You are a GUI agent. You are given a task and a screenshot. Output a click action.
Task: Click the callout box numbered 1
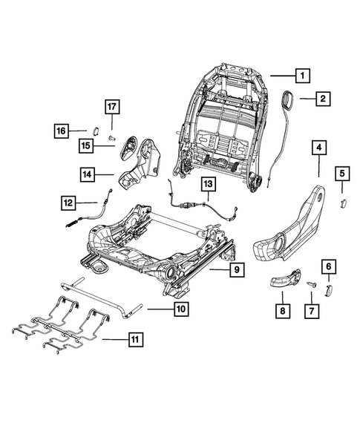(301, 75)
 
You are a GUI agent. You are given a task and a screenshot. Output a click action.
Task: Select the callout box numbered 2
(323, 98)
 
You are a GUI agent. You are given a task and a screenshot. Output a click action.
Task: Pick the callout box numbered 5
(342, 174)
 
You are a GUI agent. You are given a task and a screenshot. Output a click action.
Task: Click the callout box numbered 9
(234, 270)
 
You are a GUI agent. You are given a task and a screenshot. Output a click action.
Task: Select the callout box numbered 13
(207, 183)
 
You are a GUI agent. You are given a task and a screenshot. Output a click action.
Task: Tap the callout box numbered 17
(111, 105)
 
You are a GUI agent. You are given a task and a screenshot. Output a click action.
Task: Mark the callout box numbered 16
(61, 131)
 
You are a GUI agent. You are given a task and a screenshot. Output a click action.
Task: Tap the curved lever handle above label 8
(283, 279)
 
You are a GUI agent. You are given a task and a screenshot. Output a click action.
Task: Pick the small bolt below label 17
(111, 137)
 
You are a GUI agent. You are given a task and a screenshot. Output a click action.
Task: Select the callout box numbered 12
(68, 201)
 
